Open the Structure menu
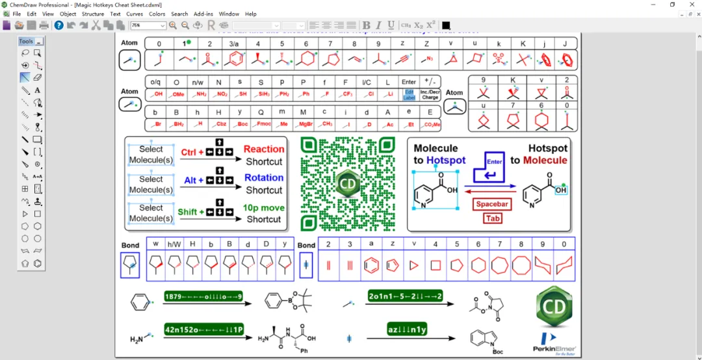click(x=93, y=14)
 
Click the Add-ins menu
click(x=203, y=14)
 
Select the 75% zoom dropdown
click(x=148, y=25)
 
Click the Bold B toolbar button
click(x=367, y=25)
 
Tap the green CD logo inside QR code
click(x=348, y=184)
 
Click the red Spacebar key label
click(x=492, y=204)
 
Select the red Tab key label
click(x=492, y=218)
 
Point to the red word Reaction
click(x=264, y=149)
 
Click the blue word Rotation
click(x=264, y=177)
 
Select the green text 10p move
click(x=264, y=208)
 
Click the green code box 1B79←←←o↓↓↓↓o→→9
click(x=203, y=296)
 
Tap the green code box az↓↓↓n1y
click(x=407, y=329)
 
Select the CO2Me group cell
click(x=430, y=123)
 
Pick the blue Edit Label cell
click(x=409, y=95)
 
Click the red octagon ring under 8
click(x=521, y=265)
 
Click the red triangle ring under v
click(x=414, y=265)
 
